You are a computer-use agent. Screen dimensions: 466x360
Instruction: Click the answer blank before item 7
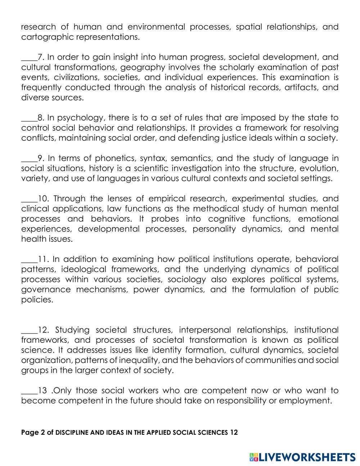29,58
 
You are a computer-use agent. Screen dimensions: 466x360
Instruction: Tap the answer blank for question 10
29,199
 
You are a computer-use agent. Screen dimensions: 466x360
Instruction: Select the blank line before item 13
29,391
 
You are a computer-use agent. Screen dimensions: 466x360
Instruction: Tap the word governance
42,290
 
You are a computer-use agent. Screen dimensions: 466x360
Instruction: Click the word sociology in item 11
186,279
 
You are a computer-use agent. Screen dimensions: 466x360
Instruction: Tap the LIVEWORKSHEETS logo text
307,457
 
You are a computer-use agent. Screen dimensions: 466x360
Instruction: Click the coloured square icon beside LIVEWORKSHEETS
254,457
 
